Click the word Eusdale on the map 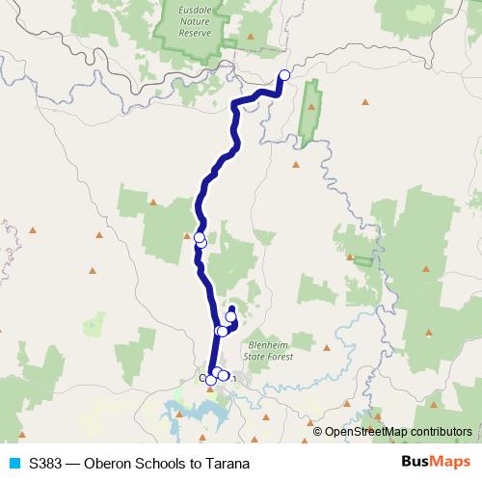point(201,13)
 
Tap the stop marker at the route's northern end point(284,74)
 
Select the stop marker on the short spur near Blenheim point(230,316)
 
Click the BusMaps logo point(437,462)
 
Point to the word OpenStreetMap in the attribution point(364,432)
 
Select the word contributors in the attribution point(440,432)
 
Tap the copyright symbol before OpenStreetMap point(318,432)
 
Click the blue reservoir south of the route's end point(198,415)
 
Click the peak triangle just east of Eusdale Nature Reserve point(251,37)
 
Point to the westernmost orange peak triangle point(32,230)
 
